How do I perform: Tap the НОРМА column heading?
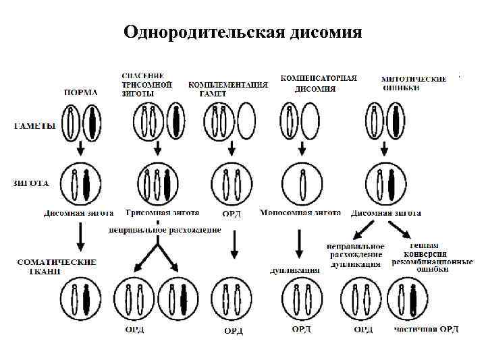(x=80, y=92)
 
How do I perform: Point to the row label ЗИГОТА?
(x=31, y=182)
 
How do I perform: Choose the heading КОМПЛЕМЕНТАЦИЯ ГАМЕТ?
(x=227, y=89)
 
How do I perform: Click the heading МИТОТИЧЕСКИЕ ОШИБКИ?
(x=414, y=83)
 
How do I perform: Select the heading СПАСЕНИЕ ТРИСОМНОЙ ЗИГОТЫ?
(x=146, y=84)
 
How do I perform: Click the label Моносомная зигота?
(x=300, y=212)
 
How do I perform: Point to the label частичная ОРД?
(x=427, y=330)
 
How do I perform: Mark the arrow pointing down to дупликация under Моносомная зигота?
(x=298, y=243)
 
